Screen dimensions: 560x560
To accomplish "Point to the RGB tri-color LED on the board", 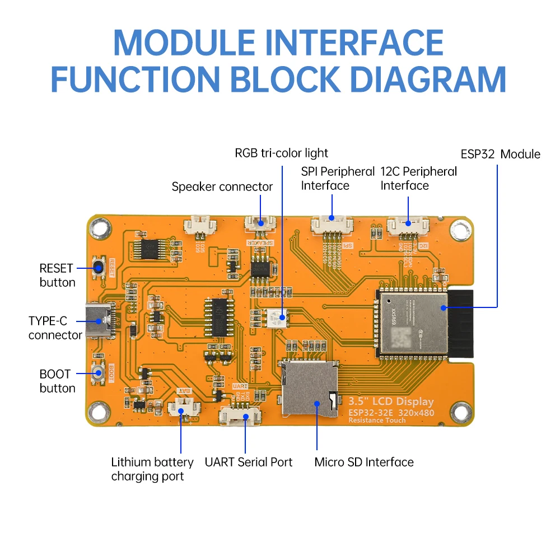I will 279,318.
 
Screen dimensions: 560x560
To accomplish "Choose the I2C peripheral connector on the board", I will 408,225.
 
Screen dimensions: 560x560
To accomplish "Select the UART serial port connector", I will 241,416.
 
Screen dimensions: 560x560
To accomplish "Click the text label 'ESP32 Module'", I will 500,154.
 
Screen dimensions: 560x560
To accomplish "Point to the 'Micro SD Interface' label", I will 363,462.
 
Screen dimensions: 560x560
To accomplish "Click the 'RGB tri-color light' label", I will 281,153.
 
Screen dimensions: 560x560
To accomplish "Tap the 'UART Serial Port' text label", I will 248,462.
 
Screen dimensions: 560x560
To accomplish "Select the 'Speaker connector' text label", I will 222,186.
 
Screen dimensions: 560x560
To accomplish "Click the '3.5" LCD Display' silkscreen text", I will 391,402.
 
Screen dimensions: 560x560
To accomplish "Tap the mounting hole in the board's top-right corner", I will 460,229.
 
